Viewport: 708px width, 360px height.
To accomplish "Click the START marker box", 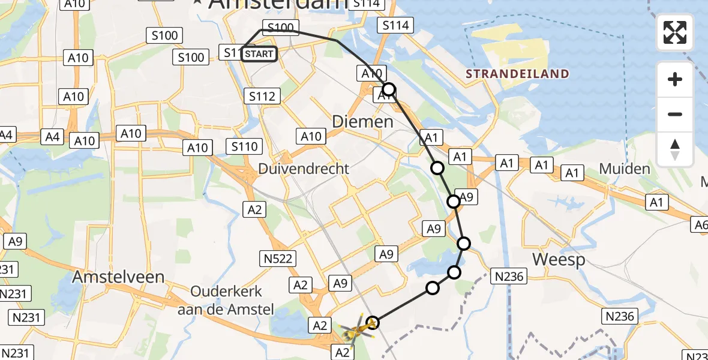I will (259, 54).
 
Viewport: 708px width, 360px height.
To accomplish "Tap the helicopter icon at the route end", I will (358, 328).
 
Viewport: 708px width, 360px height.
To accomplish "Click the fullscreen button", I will (675, 32).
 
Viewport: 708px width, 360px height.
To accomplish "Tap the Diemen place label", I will (364, 122).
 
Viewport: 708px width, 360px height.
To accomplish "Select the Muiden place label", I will (625, 169).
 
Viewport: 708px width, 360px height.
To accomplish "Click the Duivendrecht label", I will (304, 169).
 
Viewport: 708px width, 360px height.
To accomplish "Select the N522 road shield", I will (277, 259).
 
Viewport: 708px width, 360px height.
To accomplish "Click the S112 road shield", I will (262, 95).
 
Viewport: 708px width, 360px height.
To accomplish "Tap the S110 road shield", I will (244, 146).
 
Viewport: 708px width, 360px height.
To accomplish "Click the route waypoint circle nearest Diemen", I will (389, 90).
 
